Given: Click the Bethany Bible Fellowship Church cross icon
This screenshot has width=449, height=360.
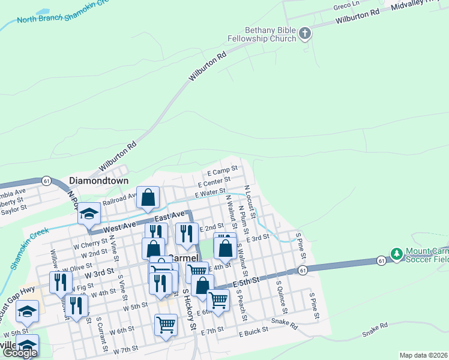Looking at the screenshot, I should (305, 33).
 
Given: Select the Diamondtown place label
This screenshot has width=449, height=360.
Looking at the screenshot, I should (99, 180).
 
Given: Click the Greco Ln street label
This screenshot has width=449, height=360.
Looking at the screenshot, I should (346, 7).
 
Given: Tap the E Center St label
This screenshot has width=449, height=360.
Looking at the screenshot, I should (214, 181).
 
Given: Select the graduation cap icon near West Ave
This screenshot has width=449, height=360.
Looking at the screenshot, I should (89, 215).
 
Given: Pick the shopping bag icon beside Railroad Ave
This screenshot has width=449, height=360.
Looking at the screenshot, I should (148, 197).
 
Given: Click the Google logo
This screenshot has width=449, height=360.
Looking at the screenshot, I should (20, 353).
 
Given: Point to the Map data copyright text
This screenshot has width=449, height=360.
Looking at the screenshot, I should (424, 355).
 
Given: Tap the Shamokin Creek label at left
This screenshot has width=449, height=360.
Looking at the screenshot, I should (28, 248).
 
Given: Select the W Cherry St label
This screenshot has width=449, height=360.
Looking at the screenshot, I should (90, 245).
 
